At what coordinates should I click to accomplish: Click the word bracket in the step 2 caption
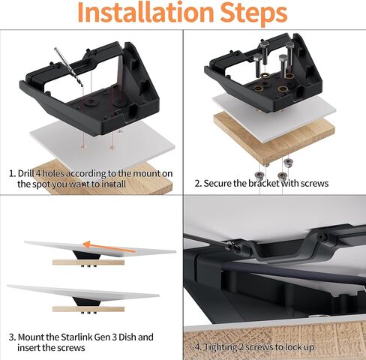click(x=273, y=183)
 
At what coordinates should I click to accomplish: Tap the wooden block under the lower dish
click(x=89, y=308)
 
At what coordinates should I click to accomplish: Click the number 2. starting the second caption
click(x=199, y=183)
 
